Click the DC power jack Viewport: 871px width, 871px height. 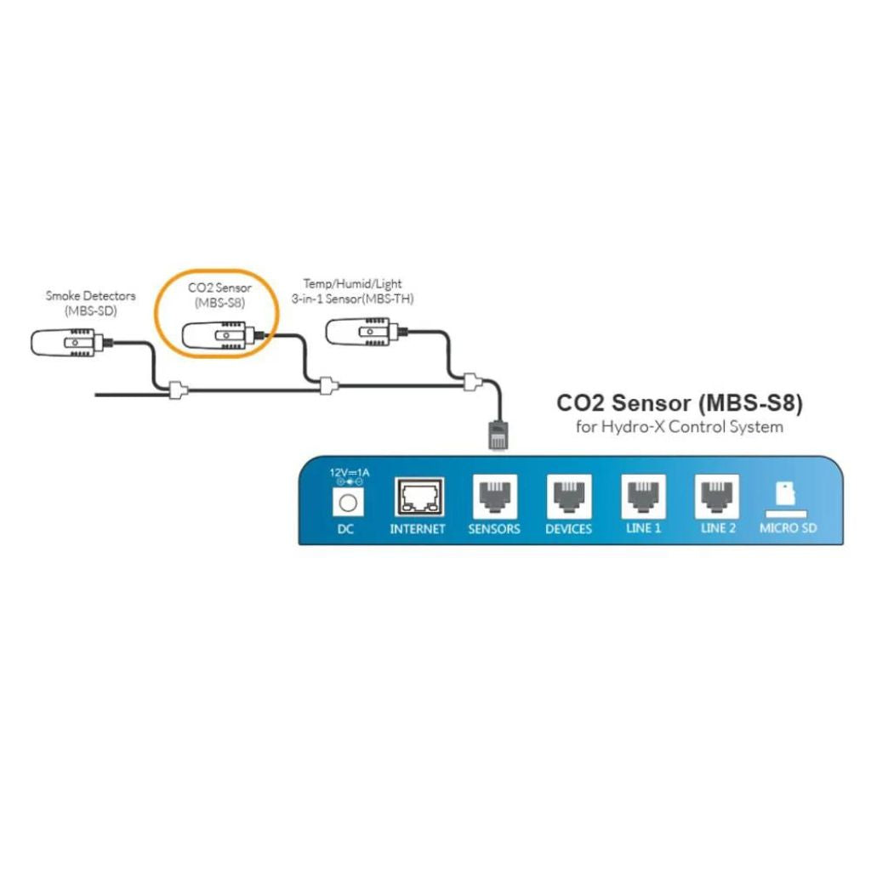[346, 503]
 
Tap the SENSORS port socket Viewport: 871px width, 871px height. [493, 497]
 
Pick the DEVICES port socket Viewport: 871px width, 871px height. [568, 497]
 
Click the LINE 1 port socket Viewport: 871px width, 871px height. [644, 497]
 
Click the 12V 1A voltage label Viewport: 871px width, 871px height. [346, 473]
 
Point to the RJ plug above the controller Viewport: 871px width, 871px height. [496, 434]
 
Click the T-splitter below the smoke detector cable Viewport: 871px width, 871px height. [177, 391]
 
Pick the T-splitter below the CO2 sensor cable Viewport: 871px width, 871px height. [325, 387]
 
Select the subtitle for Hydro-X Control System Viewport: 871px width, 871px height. [679, 426]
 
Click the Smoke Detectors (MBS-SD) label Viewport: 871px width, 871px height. [90, 303]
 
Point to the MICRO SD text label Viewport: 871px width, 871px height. [789, 528]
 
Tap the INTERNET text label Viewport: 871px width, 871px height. [417, 529]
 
